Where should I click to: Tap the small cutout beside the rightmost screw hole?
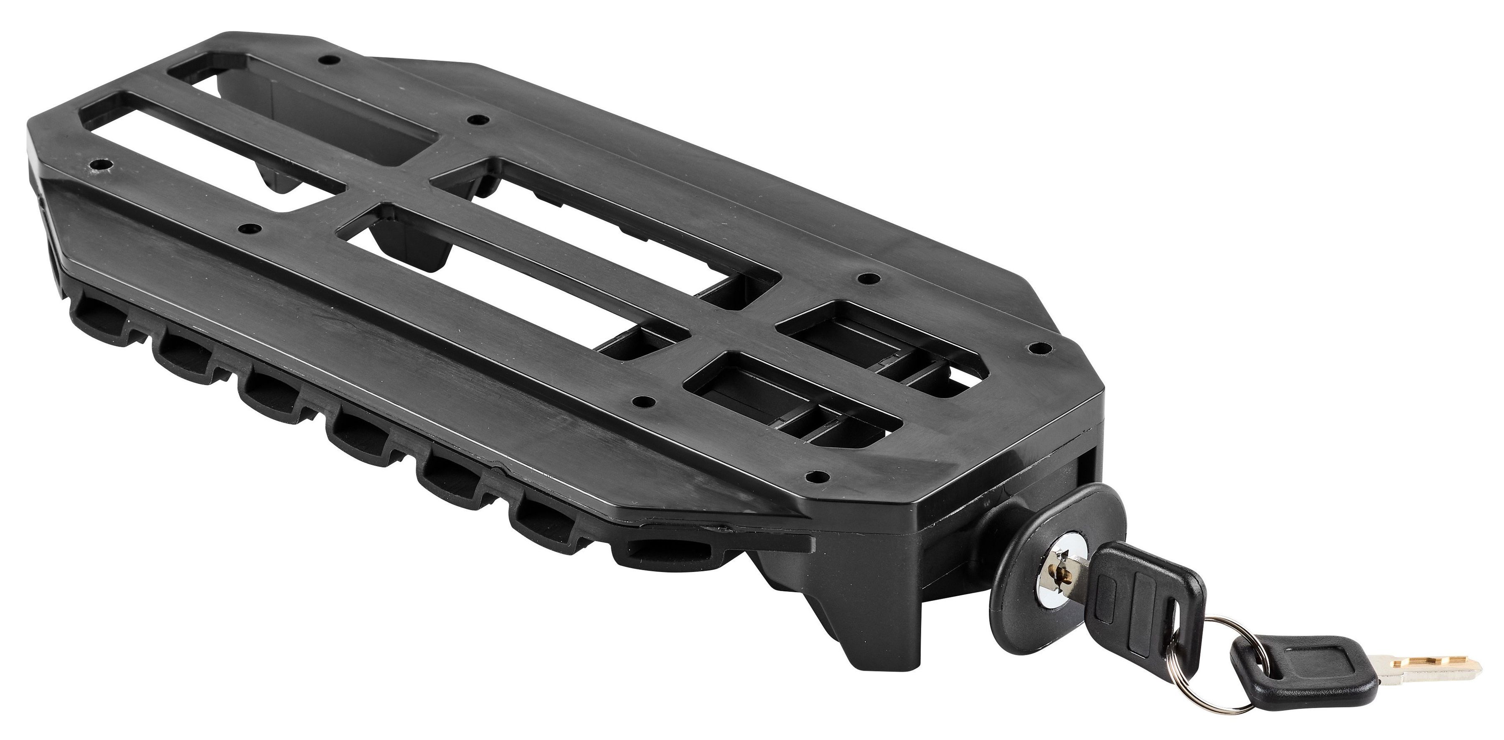pyautogui.click(x=969, y=344)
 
